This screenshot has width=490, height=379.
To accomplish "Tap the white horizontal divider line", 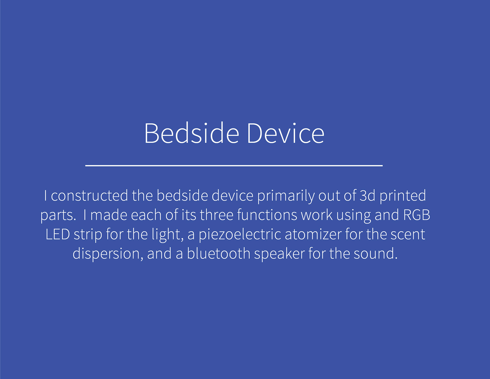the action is [x=234, y=165].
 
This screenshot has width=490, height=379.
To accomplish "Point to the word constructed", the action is [x=89, y=195].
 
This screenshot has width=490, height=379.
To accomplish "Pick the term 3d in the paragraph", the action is [x=367, y=195].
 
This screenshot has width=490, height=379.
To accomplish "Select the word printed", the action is [x=403, y=196].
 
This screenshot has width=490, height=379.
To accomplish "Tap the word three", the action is [x=217, y=215].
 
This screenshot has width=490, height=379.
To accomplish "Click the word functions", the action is [x=267, y=215].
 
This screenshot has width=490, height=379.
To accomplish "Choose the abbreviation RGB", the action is [x=416, y=215].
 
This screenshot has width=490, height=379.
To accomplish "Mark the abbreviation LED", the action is [x=58, y=234].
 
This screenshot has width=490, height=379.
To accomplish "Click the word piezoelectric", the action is [x=240, y=235].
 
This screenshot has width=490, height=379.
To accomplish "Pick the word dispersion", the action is [x=106, y=254].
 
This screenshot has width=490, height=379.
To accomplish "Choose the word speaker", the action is [x=279, y=254].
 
